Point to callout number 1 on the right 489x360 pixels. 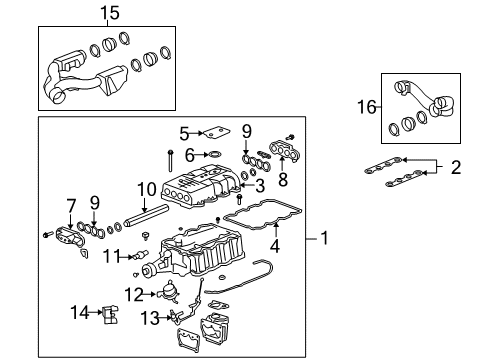324,239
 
